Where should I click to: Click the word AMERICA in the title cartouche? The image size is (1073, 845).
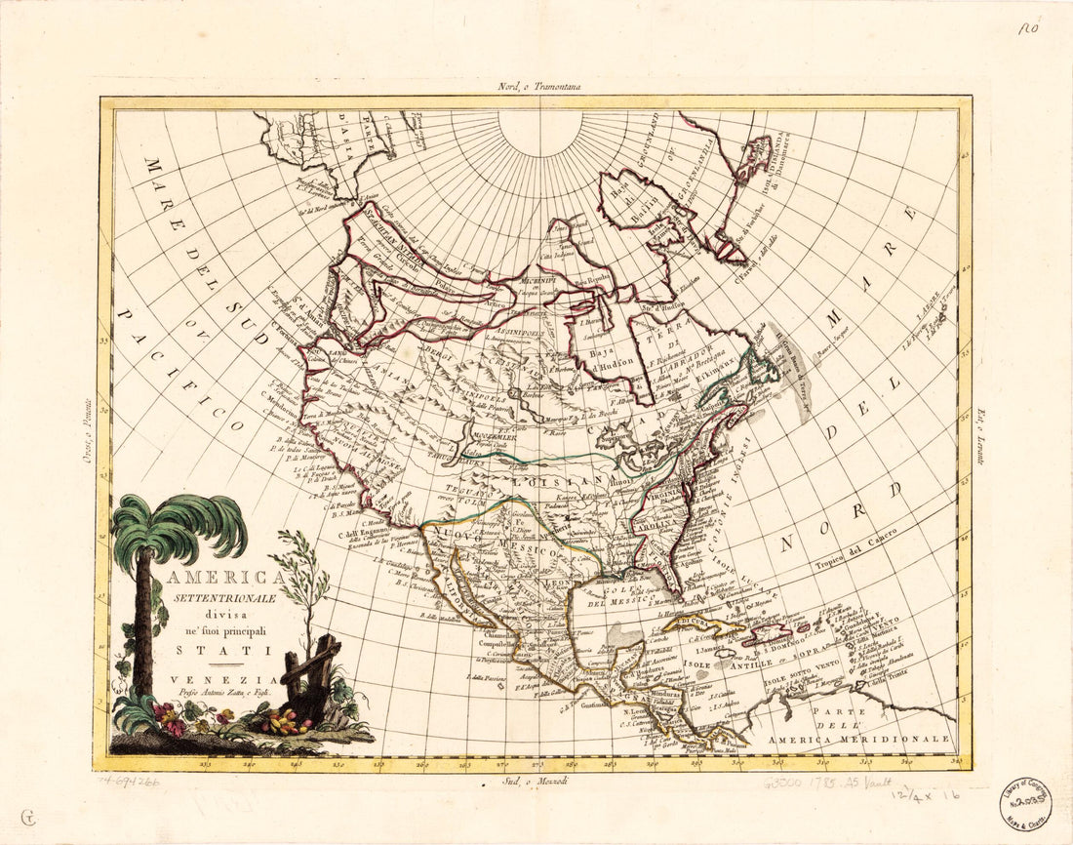[218, 578]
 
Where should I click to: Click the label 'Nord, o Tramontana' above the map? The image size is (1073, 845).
[538, 87]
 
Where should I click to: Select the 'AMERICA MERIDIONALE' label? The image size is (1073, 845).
[858, 740]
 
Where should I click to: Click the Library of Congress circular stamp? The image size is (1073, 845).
[1024, 804]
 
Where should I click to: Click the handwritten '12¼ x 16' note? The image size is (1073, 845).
[924, 796]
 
